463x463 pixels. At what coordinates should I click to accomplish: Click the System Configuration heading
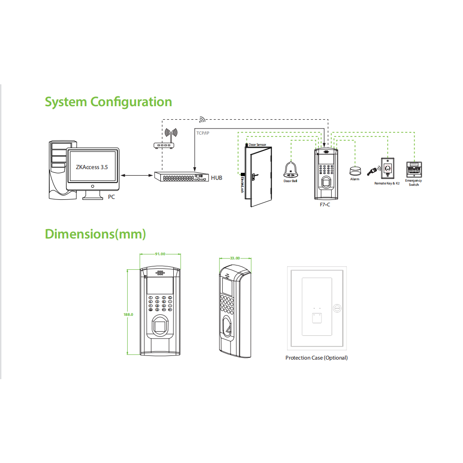click(108, 102)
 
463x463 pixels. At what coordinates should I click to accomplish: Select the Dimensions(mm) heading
click(95, 234)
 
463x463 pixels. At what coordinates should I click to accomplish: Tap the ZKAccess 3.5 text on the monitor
click(92, 166)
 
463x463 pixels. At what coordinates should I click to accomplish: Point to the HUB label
click(217, 177)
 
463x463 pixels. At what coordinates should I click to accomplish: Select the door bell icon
click(291, 170)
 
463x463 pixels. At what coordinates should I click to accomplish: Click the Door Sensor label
click(257, 145)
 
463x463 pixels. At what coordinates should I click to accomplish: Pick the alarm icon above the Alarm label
click(355, 170)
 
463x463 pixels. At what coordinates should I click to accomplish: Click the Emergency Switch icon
click(414, 169)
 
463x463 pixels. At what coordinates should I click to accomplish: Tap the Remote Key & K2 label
click(387, 184)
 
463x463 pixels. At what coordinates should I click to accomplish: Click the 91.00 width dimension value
click(160, 254)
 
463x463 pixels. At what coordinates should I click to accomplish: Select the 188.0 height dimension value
click(128, 314)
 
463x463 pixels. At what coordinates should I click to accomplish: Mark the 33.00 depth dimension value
click(235, 258)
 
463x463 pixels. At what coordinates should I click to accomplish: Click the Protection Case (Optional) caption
click(316, 358)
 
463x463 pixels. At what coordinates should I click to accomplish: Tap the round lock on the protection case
click(337, 308)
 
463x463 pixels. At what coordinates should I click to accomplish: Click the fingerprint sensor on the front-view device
click(160, 325)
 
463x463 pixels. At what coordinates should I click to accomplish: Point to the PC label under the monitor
click(111, 197)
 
